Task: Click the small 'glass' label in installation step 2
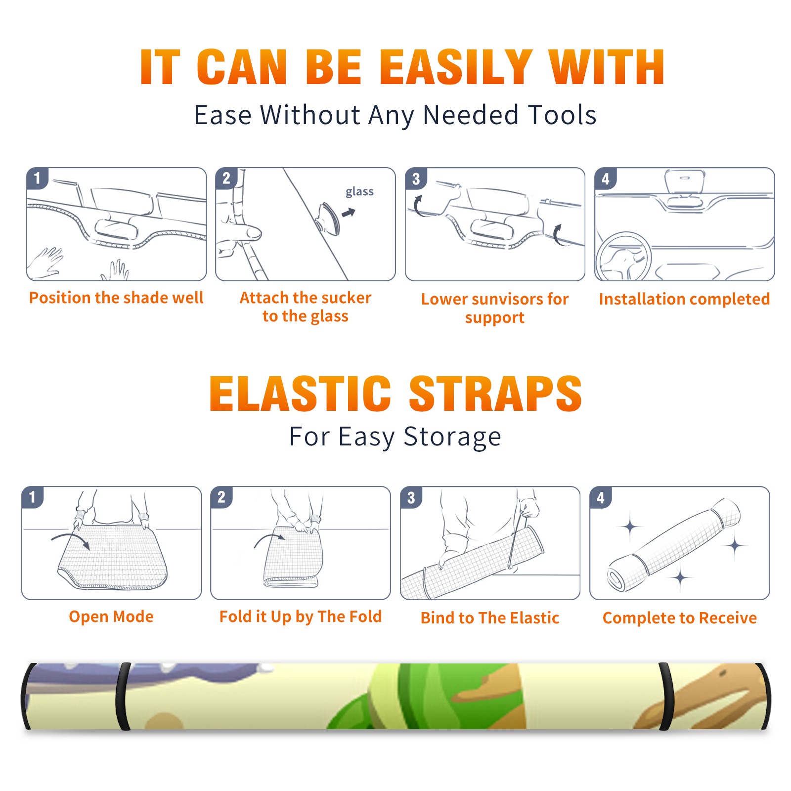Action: click(359, 192)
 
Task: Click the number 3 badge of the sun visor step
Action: click(416, 179)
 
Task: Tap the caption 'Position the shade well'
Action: click(116, 298)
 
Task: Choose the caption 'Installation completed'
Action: click(684, 299)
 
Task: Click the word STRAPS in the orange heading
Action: click(495, 394)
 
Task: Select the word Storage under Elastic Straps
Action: click(452, 437)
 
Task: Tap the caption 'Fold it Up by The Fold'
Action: click(301, 616)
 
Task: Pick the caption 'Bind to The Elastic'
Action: click(490, 618)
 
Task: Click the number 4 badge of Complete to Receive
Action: click(601, 497)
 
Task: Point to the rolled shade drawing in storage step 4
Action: click(673, 545)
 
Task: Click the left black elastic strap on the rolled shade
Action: click(123, 696)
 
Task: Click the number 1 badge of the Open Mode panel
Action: click(33, 497)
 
